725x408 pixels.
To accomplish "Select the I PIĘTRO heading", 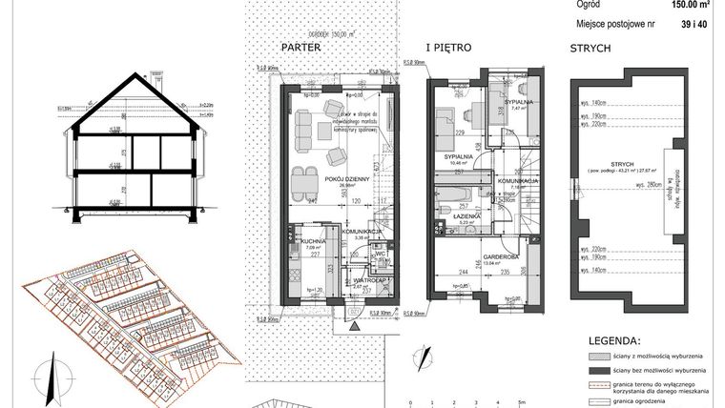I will coord(448,47).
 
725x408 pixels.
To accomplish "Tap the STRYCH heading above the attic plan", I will coord(590,47).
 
